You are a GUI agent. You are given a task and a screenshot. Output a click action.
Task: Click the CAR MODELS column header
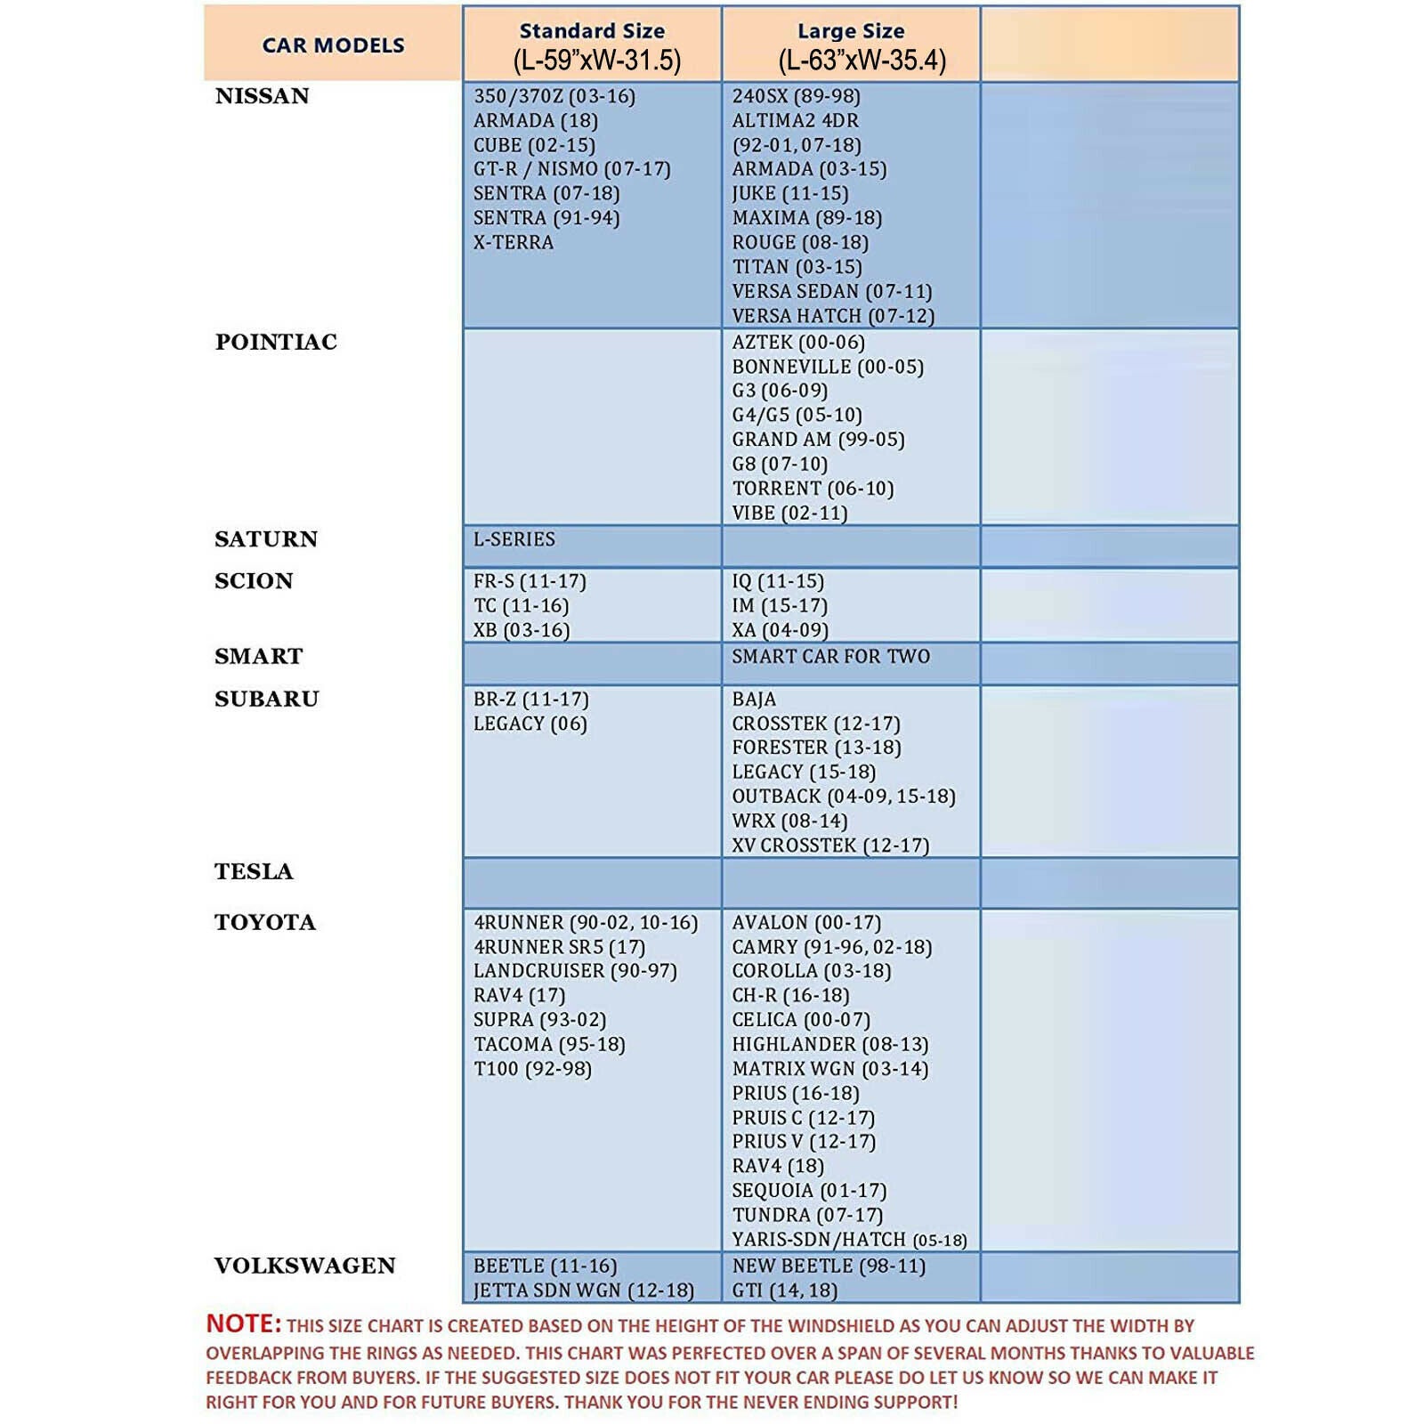pos(333,45)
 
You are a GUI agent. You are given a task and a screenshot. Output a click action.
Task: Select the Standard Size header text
pos(592,31)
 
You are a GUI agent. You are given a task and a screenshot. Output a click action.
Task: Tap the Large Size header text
pos(851,31)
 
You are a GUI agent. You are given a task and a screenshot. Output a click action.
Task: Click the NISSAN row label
pos(262,96)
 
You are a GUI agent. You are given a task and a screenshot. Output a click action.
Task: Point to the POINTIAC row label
pos(276,342)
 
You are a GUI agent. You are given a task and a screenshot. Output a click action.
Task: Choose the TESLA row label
pos(254,871)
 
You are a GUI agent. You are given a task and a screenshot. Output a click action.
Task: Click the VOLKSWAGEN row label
pos(304,1266)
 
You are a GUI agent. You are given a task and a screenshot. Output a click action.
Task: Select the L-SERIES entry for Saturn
pos(514,539)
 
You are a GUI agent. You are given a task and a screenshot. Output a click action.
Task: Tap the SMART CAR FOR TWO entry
pos(830,657)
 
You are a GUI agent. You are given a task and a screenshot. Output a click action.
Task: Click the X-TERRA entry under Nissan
pos(514,242)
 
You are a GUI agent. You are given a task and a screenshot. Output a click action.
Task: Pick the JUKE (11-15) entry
pos(790,193)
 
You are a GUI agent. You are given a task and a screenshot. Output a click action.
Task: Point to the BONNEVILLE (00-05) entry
pos(828,367)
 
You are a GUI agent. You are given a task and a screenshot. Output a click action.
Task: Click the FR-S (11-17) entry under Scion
pos(530,581)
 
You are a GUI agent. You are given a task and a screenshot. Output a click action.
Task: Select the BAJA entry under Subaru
pos(754,700)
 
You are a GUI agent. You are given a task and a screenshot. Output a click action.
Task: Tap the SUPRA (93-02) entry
pos(539,1020)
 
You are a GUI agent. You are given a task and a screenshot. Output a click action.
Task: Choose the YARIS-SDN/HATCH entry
pos(848,1240)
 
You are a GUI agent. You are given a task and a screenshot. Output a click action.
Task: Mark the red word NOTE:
pos(243,1324)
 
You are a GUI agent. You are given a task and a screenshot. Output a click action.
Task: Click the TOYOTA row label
pos(265,922)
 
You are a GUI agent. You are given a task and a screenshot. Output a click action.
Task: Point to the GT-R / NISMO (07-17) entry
pos(571,169)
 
